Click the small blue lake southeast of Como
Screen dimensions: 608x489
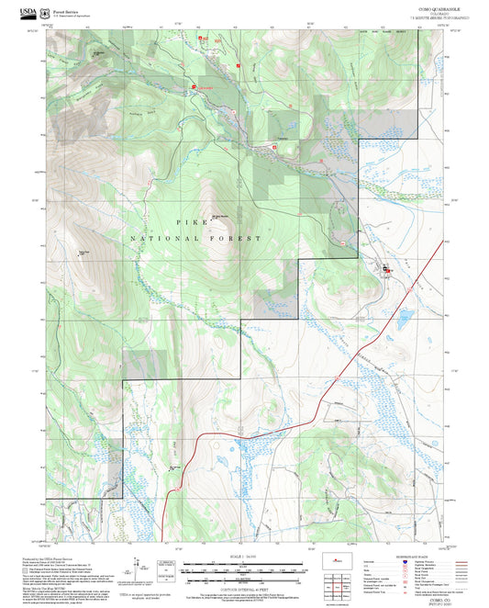point(401,319)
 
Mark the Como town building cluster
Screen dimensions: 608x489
point(385,269)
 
